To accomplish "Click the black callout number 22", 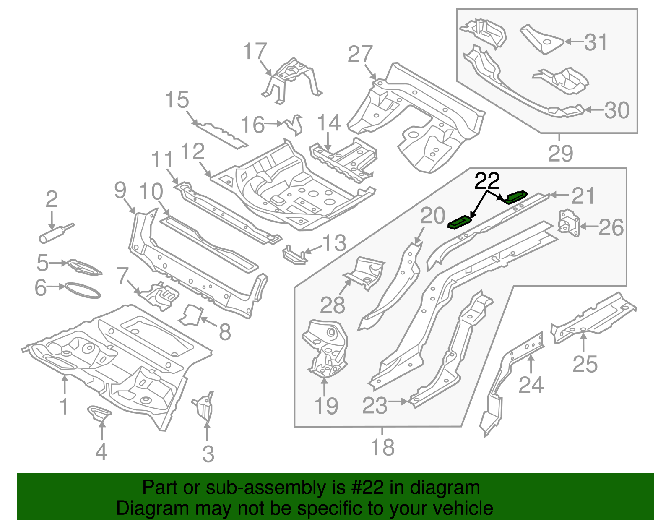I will (487, 181).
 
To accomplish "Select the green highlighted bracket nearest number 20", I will (460, 222).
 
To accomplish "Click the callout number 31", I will (596, 42).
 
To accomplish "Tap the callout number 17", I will (255, 52).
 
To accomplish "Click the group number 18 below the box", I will (382, 447).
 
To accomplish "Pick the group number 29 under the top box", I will (560, 154).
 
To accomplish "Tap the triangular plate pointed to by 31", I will (542, 39).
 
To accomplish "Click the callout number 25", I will (585, 364).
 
